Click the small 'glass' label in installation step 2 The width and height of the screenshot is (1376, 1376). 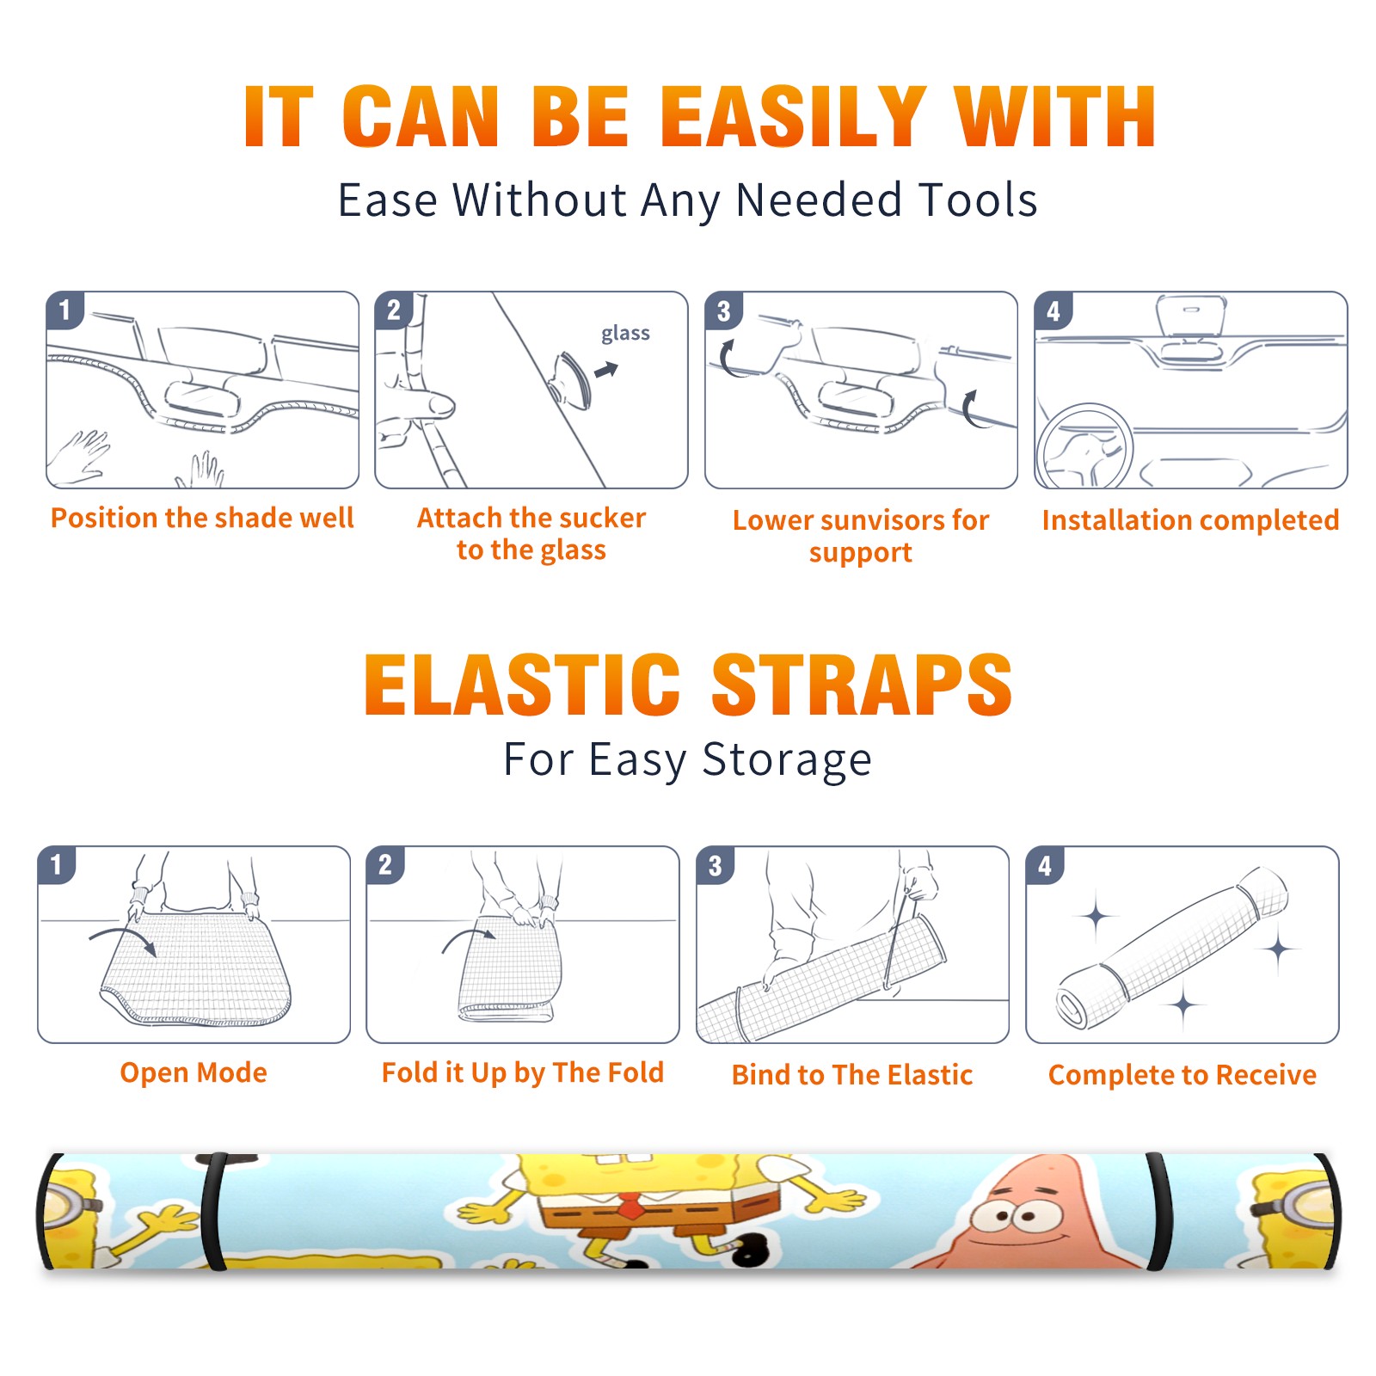625,334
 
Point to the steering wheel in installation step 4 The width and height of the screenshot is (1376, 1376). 1085,447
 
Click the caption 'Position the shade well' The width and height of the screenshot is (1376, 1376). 202,518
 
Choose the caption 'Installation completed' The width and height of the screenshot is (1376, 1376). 1190,519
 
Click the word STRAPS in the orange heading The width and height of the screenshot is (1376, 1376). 862,685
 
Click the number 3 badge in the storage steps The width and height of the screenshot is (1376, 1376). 716,866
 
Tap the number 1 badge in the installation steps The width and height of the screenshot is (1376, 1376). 64,310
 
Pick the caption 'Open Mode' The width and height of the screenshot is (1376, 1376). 193,1072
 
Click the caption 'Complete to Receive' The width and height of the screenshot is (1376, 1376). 1182,1075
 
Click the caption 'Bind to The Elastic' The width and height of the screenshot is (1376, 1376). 852,1075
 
